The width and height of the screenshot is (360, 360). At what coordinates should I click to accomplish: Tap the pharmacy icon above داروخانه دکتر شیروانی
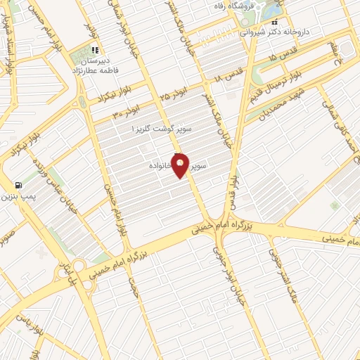(x=274, y=22)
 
